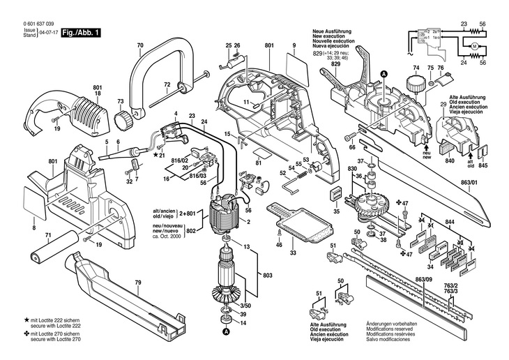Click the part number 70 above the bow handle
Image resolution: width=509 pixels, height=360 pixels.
pyautogui.click(x=140, y=47)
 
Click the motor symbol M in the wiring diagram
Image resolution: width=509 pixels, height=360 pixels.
pyautogui.click(x=473, y=46)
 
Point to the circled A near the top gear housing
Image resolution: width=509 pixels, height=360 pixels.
pyautogui.click(x=382, y=74)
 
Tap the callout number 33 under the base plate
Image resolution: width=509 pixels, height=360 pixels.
pyautogui.click(x=293, y=252)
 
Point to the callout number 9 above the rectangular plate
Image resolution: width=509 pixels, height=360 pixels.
pyautogui.click(x=294, y=46)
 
